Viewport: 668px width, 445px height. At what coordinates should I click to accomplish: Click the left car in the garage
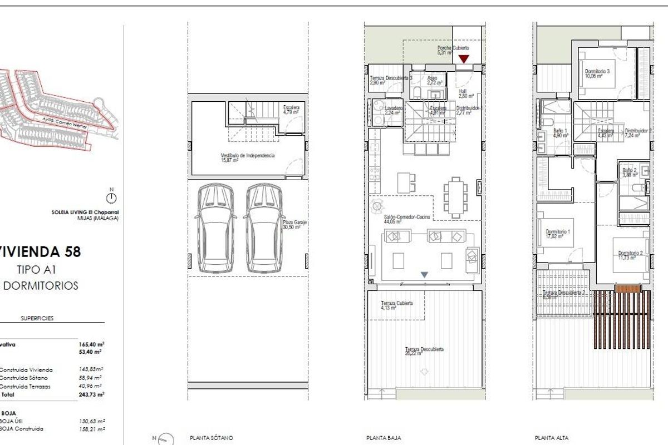coord(214,228)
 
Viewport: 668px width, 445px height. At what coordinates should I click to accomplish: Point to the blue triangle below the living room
coord(425,274)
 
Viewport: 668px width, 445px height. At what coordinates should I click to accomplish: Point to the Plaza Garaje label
coord(295,225)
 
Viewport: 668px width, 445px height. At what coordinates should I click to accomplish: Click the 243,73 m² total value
coord(92,394)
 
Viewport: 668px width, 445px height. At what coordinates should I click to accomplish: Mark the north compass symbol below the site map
coord(111,197)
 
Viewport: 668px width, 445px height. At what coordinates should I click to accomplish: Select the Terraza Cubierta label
coord(396,305)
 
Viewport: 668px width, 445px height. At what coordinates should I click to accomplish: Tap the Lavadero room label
coord(394,109)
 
